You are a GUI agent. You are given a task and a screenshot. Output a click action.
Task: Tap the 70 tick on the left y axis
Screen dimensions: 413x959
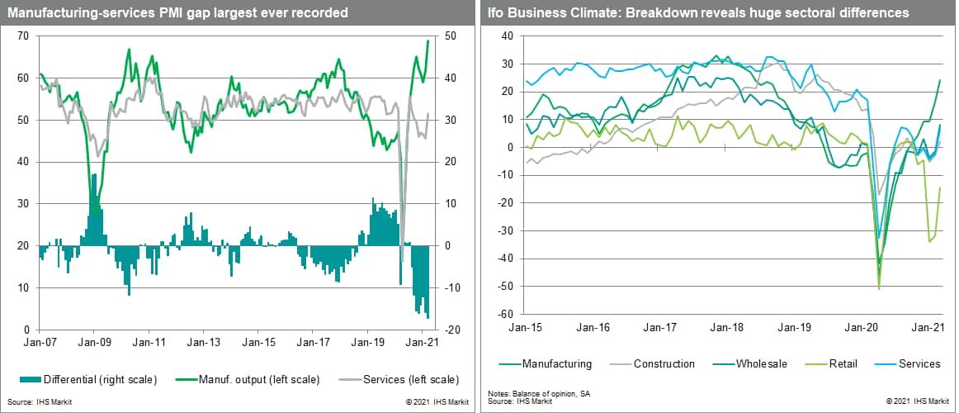click(22, 36)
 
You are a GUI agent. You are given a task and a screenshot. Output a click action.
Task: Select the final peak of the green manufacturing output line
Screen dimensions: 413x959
click(428, 40)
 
